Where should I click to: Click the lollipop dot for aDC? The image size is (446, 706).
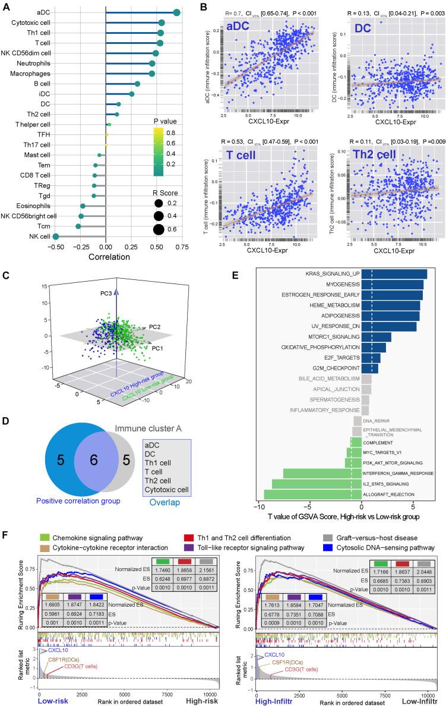click(176, 12)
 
